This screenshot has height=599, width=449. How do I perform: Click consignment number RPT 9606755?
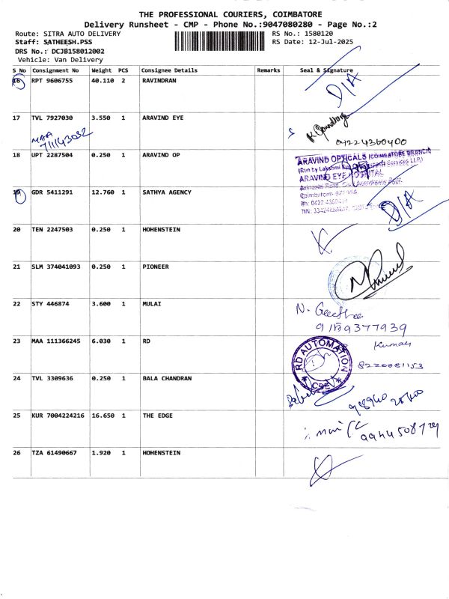[x=52, y=81]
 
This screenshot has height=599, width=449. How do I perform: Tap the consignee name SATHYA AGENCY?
[x=166, y=192]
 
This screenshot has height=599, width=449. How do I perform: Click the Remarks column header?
[x=268, y=70]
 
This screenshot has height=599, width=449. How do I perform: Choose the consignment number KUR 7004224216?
[x=58, y=415]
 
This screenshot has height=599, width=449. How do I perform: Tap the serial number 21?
[x=16, y=267]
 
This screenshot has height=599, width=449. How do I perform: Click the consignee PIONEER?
[x=156, y=267]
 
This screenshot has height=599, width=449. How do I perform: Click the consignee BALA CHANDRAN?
[x=167, y=378]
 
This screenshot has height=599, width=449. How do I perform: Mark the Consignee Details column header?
[x=169, y=70]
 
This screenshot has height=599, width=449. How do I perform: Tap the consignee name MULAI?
[x=152, y=304]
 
